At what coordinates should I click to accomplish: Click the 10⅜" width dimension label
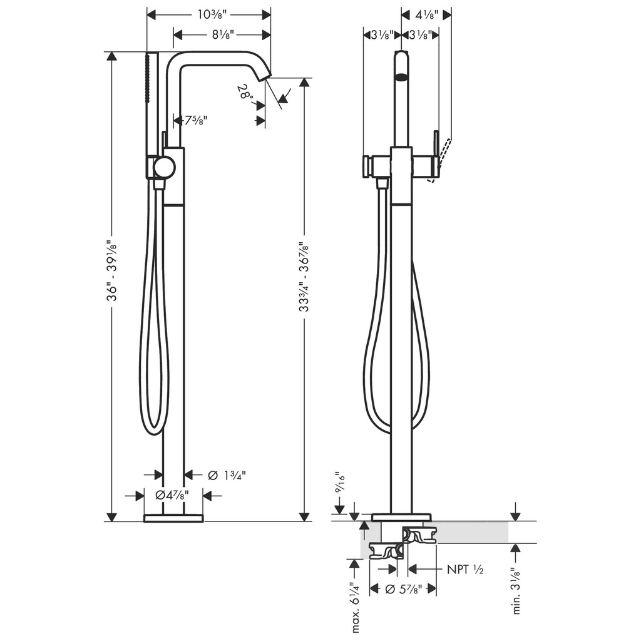point(212,15)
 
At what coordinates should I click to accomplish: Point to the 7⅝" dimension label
point(195,120)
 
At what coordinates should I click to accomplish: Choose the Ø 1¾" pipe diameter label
point(227,475)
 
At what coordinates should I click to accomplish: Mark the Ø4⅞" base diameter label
point(172,496)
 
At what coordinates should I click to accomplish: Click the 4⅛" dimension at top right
point(426,15)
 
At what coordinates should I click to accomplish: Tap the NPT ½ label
point(465,569)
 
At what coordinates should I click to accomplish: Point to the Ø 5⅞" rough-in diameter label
point(404,589)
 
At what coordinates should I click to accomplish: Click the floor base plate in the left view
point(174,518)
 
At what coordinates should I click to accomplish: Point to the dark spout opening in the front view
point(403,76)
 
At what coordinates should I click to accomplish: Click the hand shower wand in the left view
point(150,116)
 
